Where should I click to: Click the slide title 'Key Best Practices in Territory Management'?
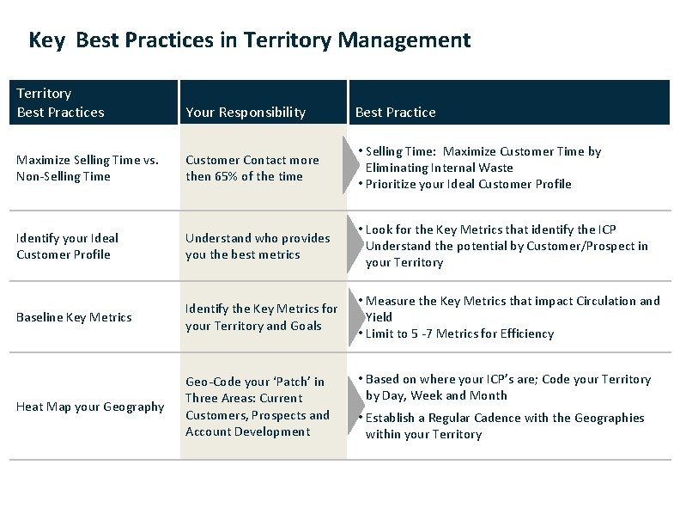249,40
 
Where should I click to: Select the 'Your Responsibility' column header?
245,112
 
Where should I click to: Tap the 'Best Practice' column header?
395,112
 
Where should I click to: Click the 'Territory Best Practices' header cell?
60,102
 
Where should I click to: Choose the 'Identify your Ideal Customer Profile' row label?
67,246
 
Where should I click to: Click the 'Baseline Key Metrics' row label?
74,317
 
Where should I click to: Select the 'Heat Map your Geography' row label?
90,407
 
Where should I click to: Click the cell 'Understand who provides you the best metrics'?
258,246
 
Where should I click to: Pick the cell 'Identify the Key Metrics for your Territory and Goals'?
262,317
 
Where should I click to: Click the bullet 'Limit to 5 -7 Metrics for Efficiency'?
459,333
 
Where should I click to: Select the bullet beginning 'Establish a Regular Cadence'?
505,425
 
